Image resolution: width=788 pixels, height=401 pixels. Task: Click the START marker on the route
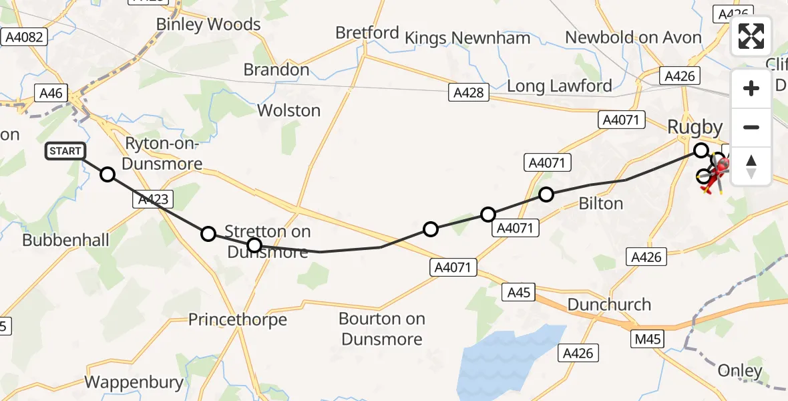point(65,151)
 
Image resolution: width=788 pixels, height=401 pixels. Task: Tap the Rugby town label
point(695,127)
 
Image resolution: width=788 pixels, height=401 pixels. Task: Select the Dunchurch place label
point(608,305)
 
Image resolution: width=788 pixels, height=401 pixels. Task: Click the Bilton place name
point(600,203)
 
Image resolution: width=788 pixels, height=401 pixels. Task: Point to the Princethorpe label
point(237,319)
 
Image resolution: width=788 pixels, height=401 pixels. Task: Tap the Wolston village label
point(288,110)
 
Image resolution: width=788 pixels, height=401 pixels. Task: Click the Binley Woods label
point(208,25)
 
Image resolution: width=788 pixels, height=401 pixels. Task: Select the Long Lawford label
point(559,86)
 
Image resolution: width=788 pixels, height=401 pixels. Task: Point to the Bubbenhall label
point(65,240)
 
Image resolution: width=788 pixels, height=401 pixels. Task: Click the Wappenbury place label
point(134,382)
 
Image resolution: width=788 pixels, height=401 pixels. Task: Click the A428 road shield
point(468,93)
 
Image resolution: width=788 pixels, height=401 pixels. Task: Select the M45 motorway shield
point(647,340)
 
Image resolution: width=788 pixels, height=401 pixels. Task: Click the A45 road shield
point(518,292)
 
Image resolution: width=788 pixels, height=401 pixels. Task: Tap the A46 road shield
point(51,94)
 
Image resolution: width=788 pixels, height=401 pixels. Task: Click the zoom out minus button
point(751,127)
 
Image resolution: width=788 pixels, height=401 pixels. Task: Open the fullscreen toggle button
point(751,36)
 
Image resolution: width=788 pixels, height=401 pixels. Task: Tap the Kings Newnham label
point(467,37)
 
